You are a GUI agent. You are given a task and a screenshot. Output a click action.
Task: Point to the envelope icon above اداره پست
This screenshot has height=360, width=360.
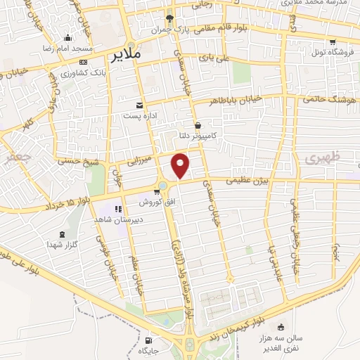point(140,104)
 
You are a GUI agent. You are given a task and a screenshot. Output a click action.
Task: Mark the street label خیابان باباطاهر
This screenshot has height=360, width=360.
point(239,100)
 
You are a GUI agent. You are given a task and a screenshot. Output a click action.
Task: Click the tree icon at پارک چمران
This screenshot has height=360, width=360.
point(169,18)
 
